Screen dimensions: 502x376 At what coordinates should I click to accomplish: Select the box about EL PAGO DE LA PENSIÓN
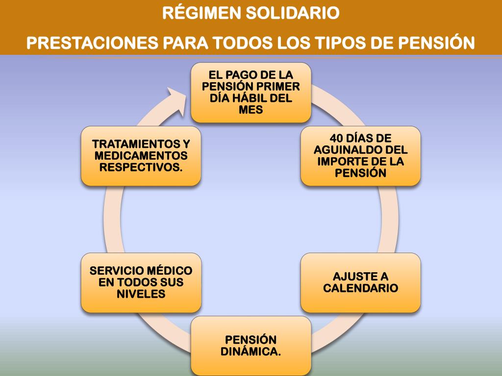pyautogui.click(x=251, y=93)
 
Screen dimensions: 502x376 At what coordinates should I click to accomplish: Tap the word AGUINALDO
pyautogui.click(x=346, y=150)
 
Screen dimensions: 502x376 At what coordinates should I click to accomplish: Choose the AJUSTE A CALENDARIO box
pyautogui.click(x=360, y=282)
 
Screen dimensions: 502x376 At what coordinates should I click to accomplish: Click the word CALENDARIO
pyautogui.click(x=360, y=288)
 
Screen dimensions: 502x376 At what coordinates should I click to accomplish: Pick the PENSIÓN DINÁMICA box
pyautogui.click(x=251, y=346)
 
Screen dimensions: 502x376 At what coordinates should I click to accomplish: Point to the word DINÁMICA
pyautogui.click(x=251, y=352)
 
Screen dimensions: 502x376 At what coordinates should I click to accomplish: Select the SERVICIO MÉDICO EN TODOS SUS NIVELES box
pyautogui.click(x=141, y=282)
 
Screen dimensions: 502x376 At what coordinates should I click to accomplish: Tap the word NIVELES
pyautogui.click(x=141, y=294)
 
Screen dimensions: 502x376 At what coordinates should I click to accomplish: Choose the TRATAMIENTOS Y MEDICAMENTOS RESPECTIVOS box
pyautogui.click(x=141, y=156)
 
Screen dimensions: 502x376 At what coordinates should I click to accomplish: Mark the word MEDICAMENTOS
pyautogui.click(x=141, y=156)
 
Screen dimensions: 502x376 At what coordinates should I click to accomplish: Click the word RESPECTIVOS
pyautogui.click(x=141, y=167)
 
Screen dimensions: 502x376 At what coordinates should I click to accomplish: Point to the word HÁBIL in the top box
pyautogui.click(x=247, y=98)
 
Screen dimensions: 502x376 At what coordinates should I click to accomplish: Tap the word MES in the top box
pyautogui.click(x=251, y=110)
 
